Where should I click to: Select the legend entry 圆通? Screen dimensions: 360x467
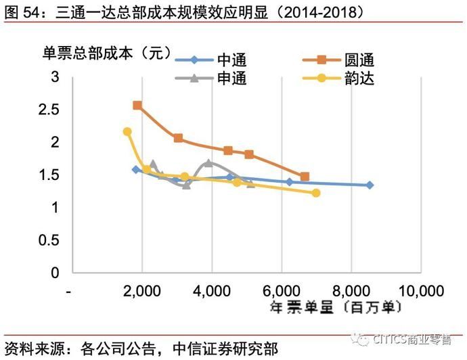pos(358,60)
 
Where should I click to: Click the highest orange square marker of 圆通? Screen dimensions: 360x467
pos(137,106)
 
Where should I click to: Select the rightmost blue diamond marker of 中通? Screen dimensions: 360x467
pos(370,185)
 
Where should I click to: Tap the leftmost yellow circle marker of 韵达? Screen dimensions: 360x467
pos(127,132)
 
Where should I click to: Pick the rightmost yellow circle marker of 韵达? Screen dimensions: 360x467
pos(316,193)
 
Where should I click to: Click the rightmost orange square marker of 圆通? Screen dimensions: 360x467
pos(305,177)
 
